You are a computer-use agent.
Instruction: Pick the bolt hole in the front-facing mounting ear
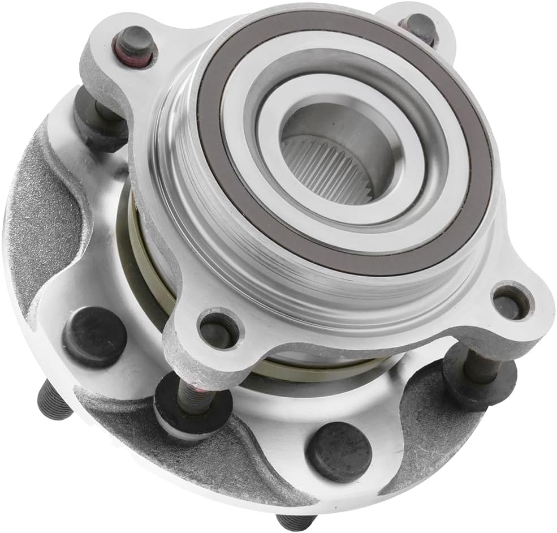click(218, 330)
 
